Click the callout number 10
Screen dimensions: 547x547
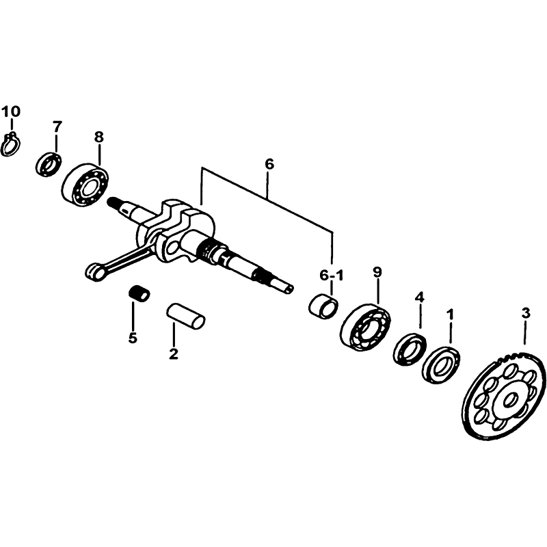pos(11,111)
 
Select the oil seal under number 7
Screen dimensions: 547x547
pos(49,164)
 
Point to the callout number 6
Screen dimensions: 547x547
pos(269,164)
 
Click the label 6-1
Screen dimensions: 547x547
pos(332,276)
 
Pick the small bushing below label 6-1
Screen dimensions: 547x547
pos(323,305)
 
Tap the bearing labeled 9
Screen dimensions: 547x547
pos(365,327)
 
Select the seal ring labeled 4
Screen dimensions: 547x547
pos(410,349)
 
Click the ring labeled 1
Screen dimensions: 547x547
pos(441,365)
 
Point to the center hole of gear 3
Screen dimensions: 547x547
pos(511,399)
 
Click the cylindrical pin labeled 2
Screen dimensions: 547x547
pos(185,317)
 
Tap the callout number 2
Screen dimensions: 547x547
pos(174,353)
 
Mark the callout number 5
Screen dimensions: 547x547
pos(133,338)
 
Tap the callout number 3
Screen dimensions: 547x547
pos(526,313)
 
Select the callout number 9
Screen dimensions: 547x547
pos(377,272)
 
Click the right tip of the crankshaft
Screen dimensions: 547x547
pos(293,287)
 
